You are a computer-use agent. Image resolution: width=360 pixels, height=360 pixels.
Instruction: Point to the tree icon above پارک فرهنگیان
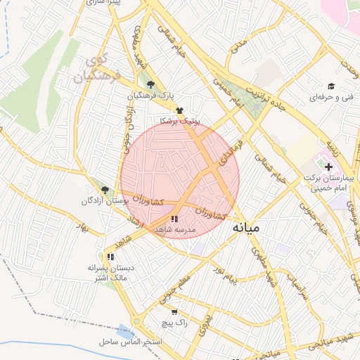coord(150,84)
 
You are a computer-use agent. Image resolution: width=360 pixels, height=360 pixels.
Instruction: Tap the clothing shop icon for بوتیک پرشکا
coord(180,110)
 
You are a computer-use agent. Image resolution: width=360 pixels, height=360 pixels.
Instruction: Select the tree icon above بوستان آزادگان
coord(105,189)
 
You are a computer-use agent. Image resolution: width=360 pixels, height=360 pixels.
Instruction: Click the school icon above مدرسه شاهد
coord(174,219)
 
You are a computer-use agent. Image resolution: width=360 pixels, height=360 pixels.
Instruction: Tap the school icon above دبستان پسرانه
coord(110,256)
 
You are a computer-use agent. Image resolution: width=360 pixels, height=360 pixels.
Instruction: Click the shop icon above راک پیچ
coord(174,311)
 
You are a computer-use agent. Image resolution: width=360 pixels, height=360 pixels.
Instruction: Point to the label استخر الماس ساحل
coord(131,342)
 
